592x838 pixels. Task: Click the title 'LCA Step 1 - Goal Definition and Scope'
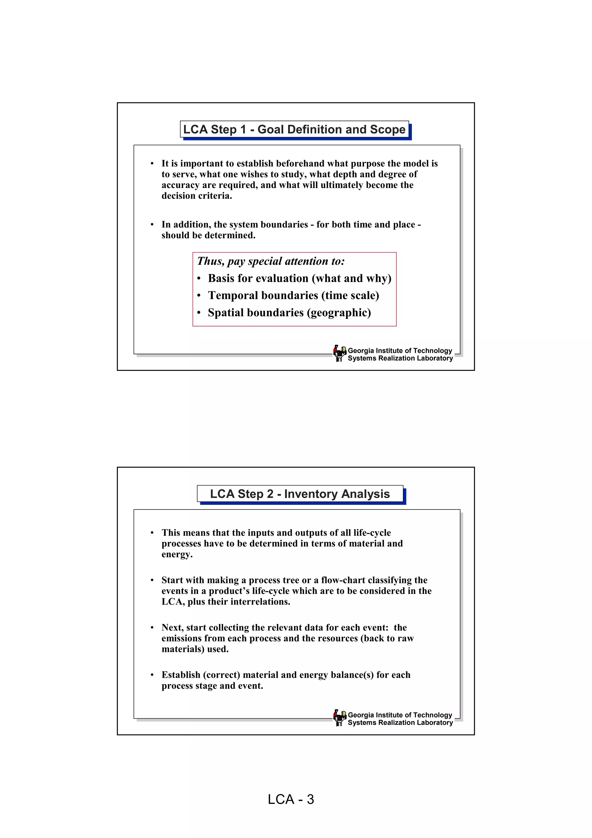click(x=294, y=130)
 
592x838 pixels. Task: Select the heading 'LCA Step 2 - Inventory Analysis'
click(x=300, y=494)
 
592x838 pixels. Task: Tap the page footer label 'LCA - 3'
click(x=291, y=799)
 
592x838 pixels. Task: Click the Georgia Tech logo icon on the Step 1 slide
click(x=340, y=353)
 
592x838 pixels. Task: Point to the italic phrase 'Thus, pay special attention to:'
click(x=271, y=261)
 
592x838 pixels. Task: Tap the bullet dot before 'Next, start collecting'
click(x=152, y=628)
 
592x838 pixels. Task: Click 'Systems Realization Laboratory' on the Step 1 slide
click(x=400, y=358)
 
